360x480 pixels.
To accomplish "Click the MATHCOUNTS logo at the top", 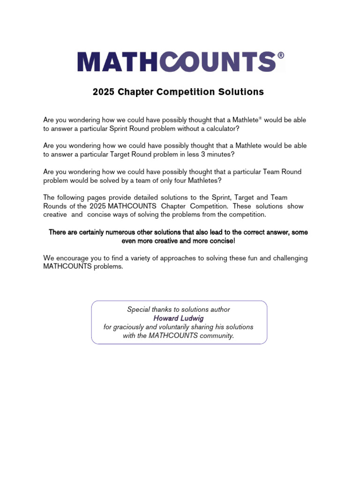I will click(181, 62).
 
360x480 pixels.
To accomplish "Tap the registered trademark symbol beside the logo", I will click(281, 55).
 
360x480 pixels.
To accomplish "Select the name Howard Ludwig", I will click(179, 318).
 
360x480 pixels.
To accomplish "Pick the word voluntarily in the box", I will click(180, 327).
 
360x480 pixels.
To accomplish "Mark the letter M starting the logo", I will click(89, 62).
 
